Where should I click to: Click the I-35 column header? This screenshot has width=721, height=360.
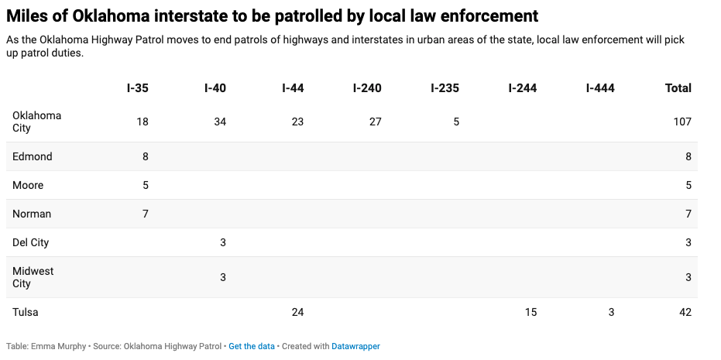(137, 88)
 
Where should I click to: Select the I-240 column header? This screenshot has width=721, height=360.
(367, 88)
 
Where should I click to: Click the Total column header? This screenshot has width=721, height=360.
(678, 88)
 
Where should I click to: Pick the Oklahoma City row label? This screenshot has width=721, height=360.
(36, 122)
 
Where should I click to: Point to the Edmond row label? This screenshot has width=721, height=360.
(33, 156)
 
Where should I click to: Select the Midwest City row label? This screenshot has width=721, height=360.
(33, 277)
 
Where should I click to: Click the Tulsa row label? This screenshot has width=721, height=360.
(26, 312)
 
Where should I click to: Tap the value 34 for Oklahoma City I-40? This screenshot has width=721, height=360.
(220, 122)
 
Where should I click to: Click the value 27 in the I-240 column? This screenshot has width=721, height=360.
(375, 122)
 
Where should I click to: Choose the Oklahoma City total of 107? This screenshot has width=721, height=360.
(682, 122)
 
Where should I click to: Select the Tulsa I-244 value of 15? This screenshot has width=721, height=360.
(530, 312)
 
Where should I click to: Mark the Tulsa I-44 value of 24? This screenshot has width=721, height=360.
(297, 312)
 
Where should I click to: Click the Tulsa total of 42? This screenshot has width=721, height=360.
(685, 312)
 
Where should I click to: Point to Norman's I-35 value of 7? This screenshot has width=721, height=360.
(145, 214)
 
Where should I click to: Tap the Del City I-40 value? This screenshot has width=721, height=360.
(223, 242)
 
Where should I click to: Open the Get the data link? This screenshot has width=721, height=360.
(251, 346)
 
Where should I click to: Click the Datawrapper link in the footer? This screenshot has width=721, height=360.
(355, 346)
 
